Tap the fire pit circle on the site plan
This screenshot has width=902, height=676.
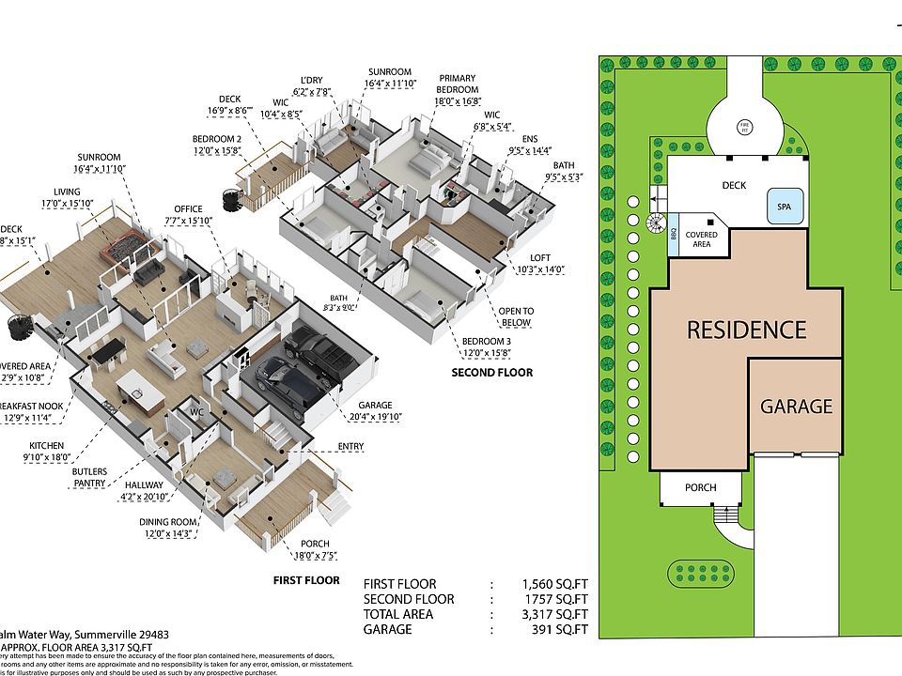(743, 124)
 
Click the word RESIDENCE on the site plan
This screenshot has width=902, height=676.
(746, 330)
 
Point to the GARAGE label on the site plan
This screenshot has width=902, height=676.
(796, 407)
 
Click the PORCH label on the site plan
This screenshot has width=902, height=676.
(700, 487)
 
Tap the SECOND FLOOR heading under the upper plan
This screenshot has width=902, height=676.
(491, 373)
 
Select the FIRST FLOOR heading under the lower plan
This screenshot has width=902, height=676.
(306, 580)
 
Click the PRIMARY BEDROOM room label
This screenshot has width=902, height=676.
(457, 84)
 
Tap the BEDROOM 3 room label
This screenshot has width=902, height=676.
(487, 341)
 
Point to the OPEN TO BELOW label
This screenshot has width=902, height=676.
(516, 316)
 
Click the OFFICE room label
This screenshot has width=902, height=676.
(188, 208)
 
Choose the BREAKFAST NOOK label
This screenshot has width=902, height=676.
(37, 407)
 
